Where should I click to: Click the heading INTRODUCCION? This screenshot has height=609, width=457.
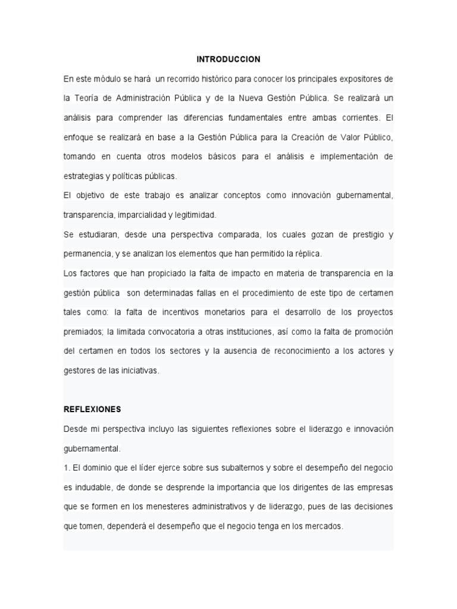(x=228, y=59)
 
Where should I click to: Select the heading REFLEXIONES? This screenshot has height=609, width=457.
(x=92, y=409)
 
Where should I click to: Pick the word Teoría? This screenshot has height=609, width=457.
(x=89, y=98)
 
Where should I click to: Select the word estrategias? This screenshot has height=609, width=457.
(x=84, y=176)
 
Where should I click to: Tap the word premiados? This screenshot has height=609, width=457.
(x=84, y=331)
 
